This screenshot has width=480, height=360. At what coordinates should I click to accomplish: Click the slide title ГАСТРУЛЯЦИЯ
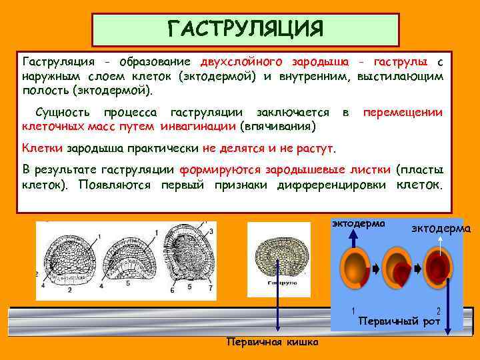pyautogui.click(x=245, y=29)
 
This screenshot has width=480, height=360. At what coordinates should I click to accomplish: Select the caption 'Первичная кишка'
pyautogui.click(x=272, y=342)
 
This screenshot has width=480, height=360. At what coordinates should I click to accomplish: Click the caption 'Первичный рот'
pyautogui.click(x=399, y=321)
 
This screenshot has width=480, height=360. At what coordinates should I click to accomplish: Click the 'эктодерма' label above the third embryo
pyautogui.click(x=441, y=229)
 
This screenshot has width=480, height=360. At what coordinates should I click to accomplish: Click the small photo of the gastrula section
pyautogui.click(x=279, y=257)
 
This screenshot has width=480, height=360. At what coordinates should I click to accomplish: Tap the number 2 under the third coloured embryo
pyautogui.click(x=438, y=311)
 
